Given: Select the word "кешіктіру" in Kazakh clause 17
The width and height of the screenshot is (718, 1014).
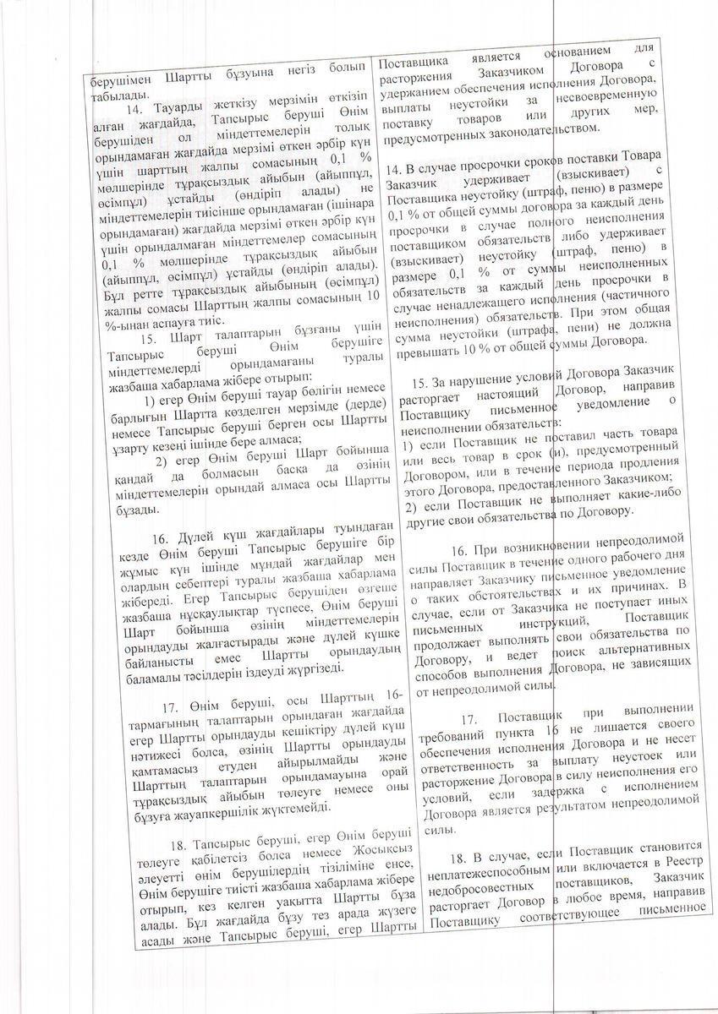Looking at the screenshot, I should pyautogui.click(x=304, y=729).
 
